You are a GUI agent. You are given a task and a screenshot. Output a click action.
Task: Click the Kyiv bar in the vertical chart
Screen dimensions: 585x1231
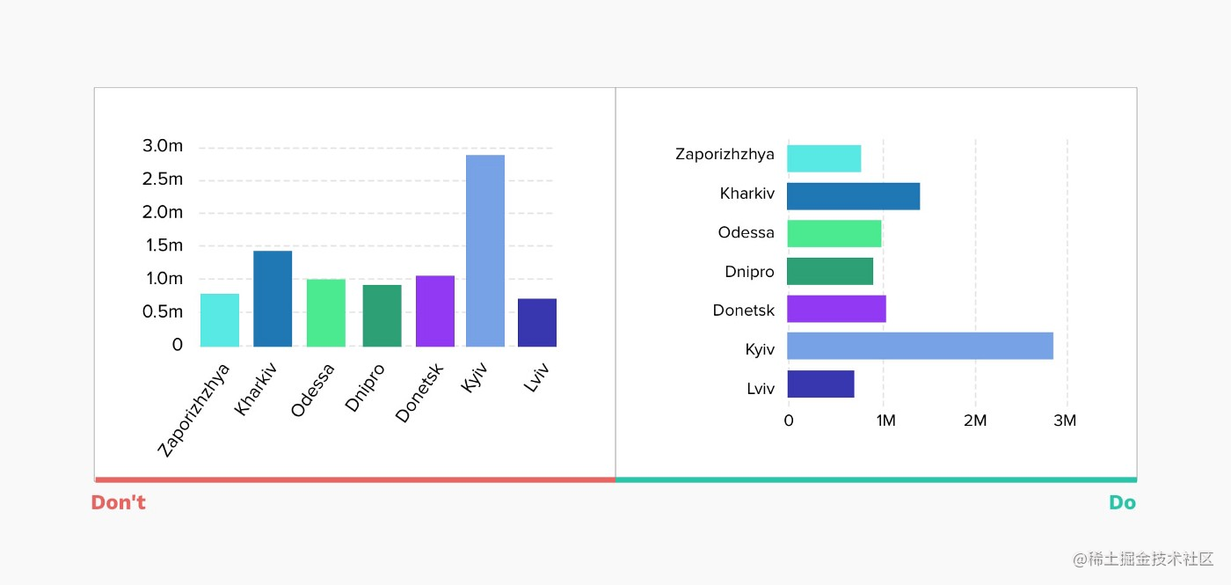484,251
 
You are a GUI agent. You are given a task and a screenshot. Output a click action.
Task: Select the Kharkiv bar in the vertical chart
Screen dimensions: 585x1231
273,298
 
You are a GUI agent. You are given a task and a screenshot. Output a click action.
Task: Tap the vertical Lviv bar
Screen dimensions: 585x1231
536,322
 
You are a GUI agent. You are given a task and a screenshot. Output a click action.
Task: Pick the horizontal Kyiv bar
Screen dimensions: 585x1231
920,346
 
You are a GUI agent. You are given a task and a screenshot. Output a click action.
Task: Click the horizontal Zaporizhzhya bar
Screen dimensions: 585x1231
824,158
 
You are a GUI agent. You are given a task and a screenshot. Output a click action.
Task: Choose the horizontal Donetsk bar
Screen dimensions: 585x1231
836,309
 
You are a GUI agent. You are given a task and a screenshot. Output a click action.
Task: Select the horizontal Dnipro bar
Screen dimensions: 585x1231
830,271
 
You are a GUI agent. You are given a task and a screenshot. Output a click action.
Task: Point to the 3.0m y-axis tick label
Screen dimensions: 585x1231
163,146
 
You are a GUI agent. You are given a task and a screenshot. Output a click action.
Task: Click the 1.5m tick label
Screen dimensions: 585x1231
163,245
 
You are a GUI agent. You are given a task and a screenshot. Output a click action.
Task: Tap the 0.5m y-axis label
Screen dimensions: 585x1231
163,311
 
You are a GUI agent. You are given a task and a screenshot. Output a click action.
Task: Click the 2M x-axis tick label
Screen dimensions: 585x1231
974,420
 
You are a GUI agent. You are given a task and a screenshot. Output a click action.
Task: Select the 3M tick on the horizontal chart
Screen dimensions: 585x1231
1064,420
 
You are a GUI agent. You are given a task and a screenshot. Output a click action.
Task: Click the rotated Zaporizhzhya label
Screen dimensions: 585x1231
194,410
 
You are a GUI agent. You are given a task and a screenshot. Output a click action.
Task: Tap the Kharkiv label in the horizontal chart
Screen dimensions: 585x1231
747,194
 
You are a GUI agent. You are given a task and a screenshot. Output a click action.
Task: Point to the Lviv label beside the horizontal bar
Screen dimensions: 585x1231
760,387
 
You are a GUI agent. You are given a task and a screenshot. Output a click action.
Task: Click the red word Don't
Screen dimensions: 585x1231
118,503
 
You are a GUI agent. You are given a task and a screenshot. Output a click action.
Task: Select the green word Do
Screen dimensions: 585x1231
1122,503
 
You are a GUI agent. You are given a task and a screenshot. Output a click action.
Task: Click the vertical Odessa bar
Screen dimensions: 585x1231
325,312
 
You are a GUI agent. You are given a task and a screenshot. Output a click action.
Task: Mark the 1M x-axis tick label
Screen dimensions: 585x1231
885,420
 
